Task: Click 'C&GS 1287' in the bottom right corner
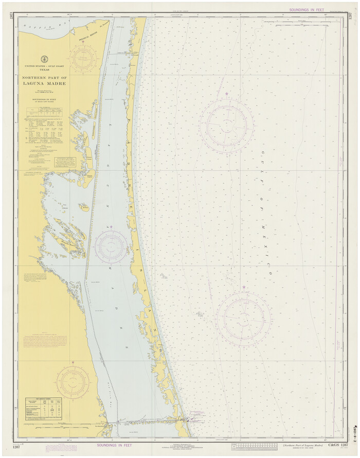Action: (x=337, y=445)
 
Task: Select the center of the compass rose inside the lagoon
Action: (x=110, y=246)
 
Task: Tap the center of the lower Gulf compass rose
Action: (x=243, y=318)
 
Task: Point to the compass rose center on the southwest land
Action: (x=73, y=382)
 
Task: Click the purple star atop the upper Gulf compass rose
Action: (x=226, y=94)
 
